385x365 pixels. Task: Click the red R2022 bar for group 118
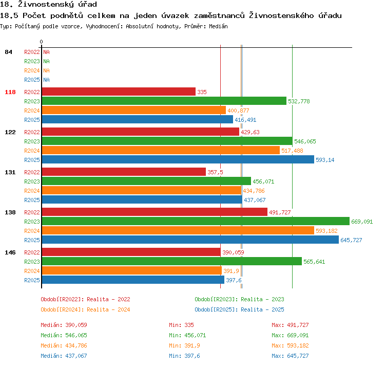[x=119, y=92]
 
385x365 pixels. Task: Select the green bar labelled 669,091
[x=196, y=222]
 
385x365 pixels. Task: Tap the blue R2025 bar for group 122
[x=178, y=160]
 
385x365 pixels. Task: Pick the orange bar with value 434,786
[x=142, y=191]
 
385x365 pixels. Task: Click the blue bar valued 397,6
[x=133, y=280]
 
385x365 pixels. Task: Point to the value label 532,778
[x=299, y=101]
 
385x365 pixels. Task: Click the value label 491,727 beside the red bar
[x=280, y=212]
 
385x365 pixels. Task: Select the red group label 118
[x=10, y=92]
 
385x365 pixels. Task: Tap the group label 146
[x=10, y=252]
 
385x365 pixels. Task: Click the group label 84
[x=8, y=52]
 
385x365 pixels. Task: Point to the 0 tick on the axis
[x=41, y=42]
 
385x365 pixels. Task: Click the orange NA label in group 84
[x=46, y=70]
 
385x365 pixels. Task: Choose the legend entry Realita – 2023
[x=262, y=299]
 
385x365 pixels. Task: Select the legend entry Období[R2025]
[x=216, y=309]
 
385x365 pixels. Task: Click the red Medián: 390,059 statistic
[x=64, y=325]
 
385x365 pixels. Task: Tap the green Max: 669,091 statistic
[x=290, y=335]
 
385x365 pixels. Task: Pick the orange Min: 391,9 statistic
[x=184, y=345]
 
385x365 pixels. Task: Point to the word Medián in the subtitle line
[x=218, y=26]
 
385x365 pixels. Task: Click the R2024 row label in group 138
[x=32, y=231]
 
